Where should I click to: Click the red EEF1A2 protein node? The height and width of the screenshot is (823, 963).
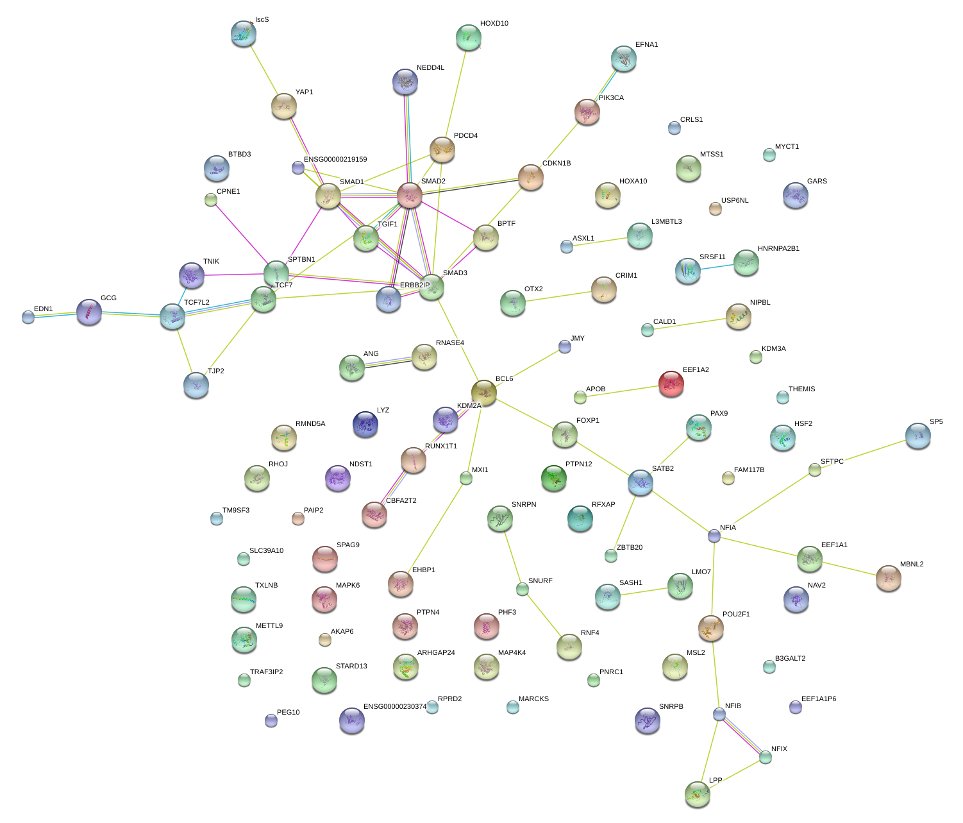(x=671, y=384)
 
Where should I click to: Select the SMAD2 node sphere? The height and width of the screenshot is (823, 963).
(x=410, y=195)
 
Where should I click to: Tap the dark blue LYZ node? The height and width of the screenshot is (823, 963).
(x=365, y=423)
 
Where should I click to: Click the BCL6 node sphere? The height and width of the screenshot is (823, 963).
(x=484, y=391)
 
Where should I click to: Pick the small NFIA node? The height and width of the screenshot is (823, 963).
(x=714, y=536)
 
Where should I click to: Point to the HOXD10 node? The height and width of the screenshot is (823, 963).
(x=469, y=37)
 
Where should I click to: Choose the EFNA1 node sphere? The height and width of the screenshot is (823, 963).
(x=624, y=58)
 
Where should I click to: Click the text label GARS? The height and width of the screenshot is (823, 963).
(x=817, y=182)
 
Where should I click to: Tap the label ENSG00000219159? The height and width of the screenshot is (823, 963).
(x=335, y=160)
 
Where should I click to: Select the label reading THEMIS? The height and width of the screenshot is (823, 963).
(x=801, y=389)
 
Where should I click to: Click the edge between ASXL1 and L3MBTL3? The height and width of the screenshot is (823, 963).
(x=603, y=241)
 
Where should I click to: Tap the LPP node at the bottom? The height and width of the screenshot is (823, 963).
(x=697, y=794)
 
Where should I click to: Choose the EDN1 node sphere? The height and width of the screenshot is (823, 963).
(x=28, y=317)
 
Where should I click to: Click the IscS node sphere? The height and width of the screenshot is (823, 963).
(x=243, y=33)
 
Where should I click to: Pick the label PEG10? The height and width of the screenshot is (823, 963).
(x=288, y=713)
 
